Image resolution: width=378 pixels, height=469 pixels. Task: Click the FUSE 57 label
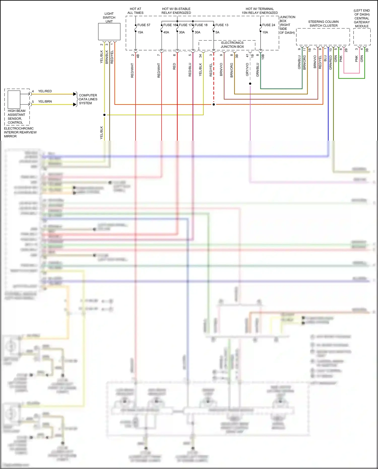144,25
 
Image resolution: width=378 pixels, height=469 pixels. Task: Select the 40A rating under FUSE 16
166,32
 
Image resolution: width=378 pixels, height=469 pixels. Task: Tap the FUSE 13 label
222,25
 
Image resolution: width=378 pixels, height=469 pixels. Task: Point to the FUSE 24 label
269,25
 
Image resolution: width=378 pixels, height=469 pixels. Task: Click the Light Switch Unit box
109,32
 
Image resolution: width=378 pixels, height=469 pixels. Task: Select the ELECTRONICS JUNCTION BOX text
232,45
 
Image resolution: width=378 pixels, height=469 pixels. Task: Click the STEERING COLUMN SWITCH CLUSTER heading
323,24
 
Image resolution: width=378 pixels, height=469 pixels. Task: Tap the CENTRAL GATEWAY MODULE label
362,22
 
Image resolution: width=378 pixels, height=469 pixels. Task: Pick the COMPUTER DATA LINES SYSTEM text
88,99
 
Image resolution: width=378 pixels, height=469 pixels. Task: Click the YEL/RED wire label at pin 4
45,91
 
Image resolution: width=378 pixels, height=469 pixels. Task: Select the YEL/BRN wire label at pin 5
45,102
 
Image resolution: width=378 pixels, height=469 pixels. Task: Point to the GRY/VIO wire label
247,69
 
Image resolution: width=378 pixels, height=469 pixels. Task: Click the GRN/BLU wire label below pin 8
258,70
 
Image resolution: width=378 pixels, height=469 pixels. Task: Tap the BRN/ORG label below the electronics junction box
232,70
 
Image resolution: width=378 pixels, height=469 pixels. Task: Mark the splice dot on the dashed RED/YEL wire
214,104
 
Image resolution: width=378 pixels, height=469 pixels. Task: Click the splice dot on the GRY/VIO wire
250,84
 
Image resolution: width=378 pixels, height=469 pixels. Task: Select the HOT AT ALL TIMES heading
135,11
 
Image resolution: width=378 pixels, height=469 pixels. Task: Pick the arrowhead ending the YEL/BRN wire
75,104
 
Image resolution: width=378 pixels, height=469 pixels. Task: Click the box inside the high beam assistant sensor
14,100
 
